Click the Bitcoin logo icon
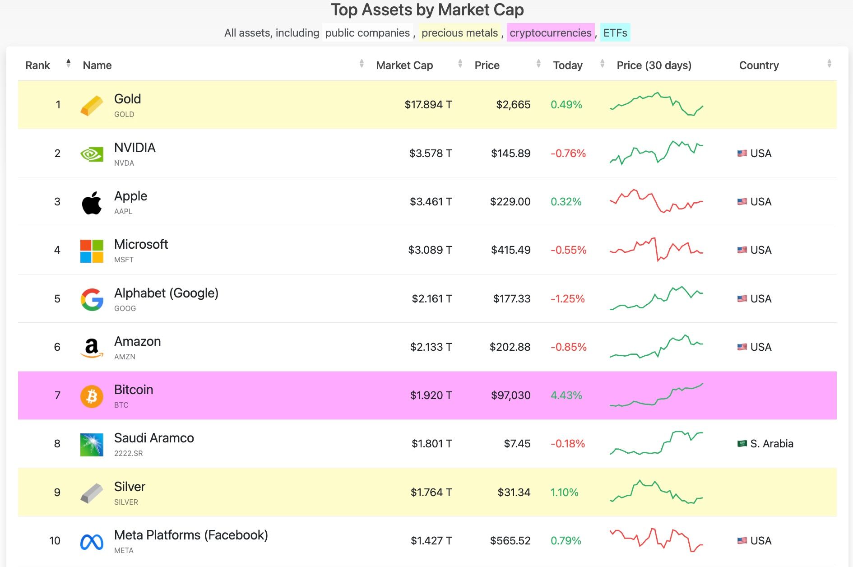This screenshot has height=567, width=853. [92, 396]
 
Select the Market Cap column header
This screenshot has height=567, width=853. [404, 65]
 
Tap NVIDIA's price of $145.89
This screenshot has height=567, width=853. [510, 153]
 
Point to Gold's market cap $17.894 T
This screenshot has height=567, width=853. [428, 105]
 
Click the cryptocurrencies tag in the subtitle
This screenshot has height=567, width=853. [550, 33]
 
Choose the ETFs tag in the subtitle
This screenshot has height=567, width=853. [615, 33]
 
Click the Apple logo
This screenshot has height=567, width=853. [92, 202]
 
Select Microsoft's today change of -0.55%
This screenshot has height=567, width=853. [568, 250]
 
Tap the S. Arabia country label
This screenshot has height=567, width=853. [771, 444]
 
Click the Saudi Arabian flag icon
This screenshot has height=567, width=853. [742, 444]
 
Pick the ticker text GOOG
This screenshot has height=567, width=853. [125, 308]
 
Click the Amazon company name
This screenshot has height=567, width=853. [137, 341]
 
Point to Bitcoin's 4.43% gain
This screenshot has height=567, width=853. [566, 395]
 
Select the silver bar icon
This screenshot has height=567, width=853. [92, 493]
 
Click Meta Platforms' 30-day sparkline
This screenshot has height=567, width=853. [656, 540]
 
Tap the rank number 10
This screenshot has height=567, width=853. [55, 541]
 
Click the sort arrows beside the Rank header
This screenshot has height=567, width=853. [68, 64]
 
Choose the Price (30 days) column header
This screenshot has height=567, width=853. [654, 65]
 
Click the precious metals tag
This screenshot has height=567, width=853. [459, 33]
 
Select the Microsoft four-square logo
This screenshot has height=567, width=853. [92, 251]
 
